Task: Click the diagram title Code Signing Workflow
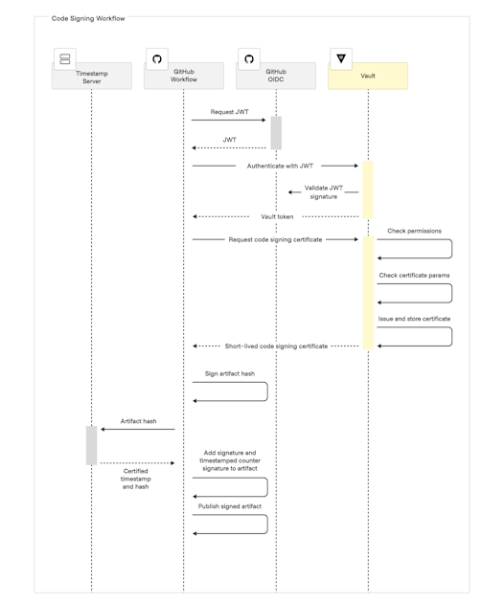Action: click(x=88, y=18)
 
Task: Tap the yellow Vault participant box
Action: click(x=368, y=77)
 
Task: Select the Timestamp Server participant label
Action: click(x=92, y=78)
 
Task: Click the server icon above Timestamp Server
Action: click(x=65, y=58)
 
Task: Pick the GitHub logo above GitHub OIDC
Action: click(x=249, y=58)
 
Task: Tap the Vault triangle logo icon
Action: click(x=341, y=58)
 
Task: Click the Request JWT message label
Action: click(x=229, y=112)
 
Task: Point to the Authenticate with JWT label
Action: click(x=280, y=166)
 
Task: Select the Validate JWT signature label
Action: click(x=324, y=192)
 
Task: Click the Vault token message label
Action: click(x=277, y=217)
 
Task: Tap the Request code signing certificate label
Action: click(x=275, y=239)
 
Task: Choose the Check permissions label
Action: click(x=414, y=231)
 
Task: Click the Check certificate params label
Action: click(x=414, y=276)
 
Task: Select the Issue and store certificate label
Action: click(x=414, y=319)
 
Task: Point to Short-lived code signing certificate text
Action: click(x=277, y=346)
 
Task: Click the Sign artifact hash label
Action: click(x=230, y=374)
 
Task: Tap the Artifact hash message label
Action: click(x=139, y=421)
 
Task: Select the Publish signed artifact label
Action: click(x=230, y=506)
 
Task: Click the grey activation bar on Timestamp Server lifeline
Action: click(x=92, y=445)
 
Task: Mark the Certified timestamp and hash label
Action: click(x=135, y=479)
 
